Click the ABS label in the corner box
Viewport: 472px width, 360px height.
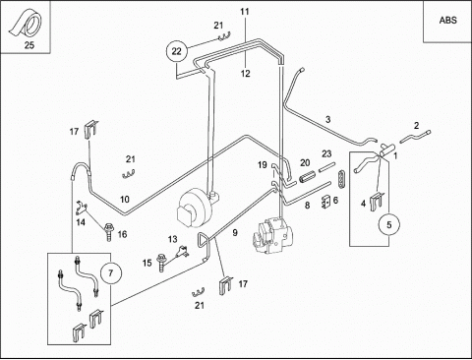pyautogui.click(x=447, y=20)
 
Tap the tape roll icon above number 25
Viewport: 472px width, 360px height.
pyautogui.click(x=26, y=24)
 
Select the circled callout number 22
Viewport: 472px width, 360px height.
pyautogui.click(x=176, y=51)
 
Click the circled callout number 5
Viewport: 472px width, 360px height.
pyautogui.click(x=389, y=225)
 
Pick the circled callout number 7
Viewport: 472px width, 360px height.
pyautogui.click(x=110, y=272)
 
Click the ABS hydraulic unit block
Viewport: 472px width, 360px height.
pyautogui.click(x=273, y=237)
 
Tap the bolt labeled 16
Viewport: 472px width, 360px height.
pyautogui.click(x=108, y=231)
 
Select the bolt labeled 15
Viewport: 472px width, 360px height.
pyautogui.click(x=161, y=262)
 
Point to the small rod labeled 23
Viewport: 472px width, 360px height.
pyautogui.click(x=326, y=167)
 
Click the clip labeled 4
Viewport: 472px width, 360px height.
pyautogui.click(x=377, y=202)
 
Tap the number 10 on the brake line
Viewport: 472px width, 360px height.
pyautogui.click(x=125, y=200)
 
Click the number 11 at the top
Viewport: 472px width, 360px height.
pyautogui.click(x=245, y=12)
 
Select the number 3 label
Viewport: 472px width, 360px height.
pyautogui.click(x=328, y=119)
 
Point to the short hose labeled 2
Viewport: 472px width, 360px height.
pyautogui.click(x=416, y=136)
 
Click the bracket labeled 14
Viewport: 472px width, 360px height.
pyautogui.click(x=82, y=207)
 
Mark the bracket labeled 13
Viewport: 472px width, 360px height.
pyautogui.click(x=182, y=251)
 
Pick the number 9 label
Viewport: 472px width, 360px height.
pyautogui.click(x=235, y=233)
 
